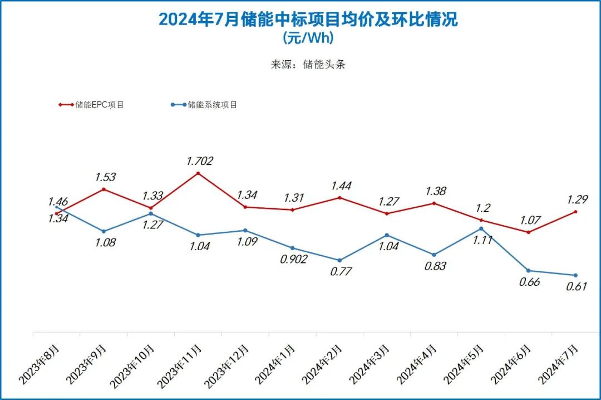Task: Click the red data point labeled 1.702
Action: pyautogui.click(x=198, y=173)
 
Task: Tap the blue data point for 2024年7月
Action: pyautogui.click(x=575, y=275)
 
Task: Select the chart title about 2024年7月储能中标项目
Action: pyautogui.click(x=308, y=19)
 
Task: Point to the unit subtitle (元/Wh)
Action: pyautogui.click(x=308, y=38)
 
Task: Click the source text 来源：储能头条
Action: pyautogui.click(x=308, y=64)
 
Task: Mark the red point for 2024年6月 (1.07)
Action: pyautogui.click(x=528, y=232)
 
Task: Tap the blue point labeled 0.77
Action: pyautogui.click(x=339, y=260)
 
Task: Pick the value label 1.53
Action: pyautogui.click(x=105, y=177)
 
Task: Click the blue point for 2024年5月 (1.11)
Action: pyautogui.click(x=481, y=228)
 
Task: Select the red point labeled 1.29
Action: pyautogui.click(x=575, y=212)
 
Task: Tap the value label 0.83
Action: pyautogui.click(x=435, y=266)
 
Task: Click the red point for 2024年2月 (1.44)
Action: pyautogui.click(x=339, y=197)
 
